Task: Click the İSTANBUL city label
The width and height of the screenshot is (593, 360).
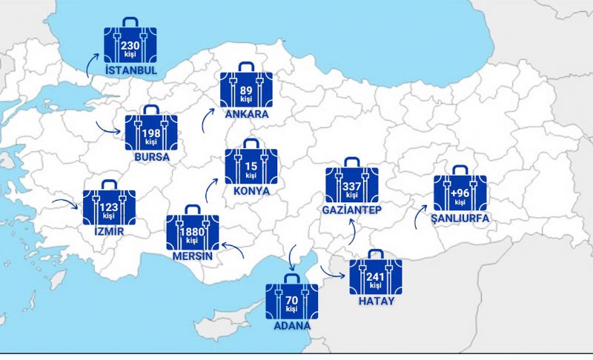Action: pyautogui.click(x=132, y=70)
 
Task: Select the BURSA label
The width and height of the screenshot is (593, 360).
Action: pyautogui.click(x=151, y=157)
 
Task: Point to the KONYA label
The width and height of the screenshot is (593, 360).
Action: pyautogui.click(x=251, y=190)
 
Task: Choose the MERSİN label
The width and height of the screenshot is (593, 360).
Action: pyautogui.click(x=192, y=256)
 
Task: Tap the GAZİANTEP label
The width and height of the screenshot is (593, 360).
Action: pyautogui.click(x=351, y=210)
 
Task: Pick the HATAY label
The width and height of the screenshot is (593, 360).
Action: pyautogui.click(x=376, y=301)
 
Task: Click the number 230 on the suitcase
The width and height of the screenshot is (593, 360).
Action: pyautogui.click(x=130, y=46)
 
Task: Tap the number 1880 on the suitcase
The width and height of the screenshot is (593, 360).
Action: pyautogui.click(x=192, y=232)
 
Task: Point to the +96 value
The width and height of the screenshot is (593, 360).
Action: pyautogui.click(x=460, y=193)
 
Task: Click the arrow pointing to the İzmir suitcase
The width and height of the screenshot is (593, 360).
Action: pyautogui.click(x=73, y=200)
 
